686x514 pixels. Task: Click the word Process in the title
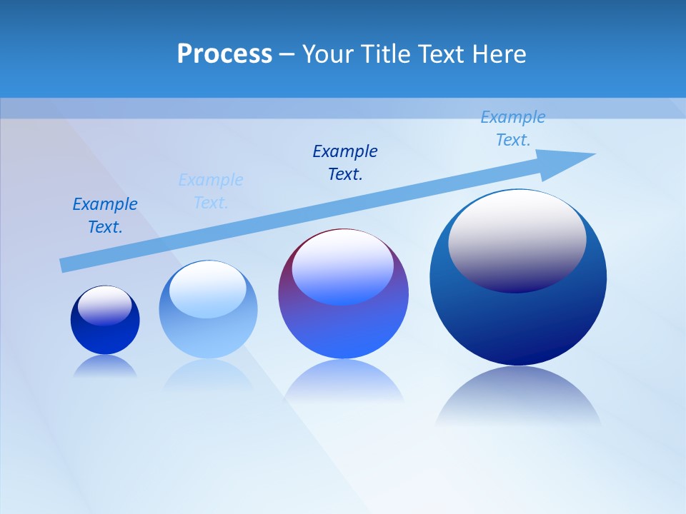point(224,54)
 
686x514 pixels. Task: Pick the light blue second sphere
point(207,336)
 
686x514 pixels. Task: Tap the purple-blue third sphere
point(343,328)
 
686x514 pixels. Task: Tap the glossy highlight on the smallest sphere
point(104,306)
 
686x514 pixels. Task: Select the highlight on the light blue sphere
point(207,288)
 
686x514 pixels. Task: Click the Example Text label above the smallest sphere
point(105,216)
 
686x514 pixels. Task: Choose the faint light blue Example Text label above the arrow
point(211,191)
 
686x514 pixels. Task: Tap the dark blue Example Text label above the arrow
point(345,162)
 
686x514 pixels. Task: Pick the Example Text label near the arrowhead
point(512,128)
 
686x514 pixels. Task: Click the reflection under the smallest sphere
point(105,367)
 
